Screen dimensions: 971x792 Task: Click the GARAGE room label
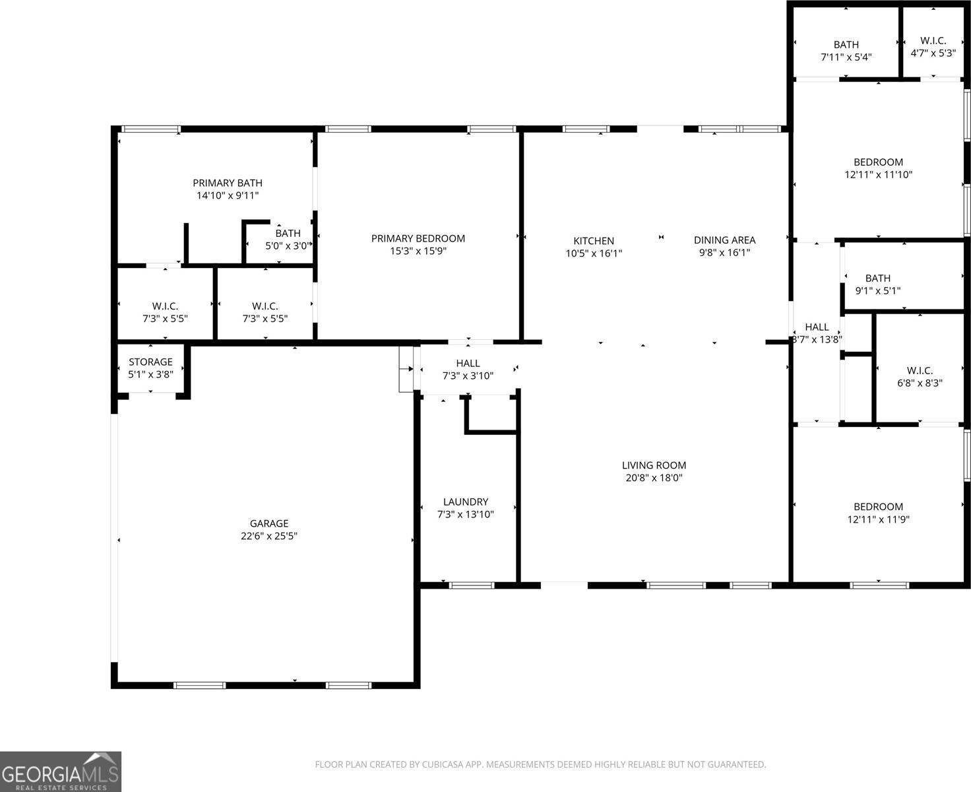click(x=269, y=523)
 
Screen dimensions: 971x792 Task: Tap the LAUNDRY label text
click(x=466, y=502)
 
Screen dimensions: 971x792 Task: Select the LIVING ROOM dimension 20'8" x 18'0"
click(x=654, y=478)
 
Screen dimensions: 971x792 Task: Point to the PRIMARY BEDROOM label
click(x=418, y=238)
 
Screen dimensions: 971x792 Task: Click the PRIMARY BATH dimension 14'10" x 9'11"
click(x=228, y=195)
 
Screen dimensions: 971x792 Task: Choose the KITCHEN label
click(x=594, y=240)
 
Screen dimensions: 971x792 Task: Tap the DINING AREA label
click(x=725, y=240)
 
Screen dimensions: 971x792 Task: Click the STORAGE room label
click(x=150, y=362)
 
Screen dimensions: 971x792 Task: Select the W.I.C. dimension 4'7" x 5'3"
click(x=933, y=53)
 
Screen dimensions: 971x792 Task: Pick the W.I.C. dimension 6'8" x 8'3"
click(x=920, y=383)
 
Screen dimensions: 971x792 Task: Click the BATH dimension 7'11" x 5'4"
click(x=846, y=57)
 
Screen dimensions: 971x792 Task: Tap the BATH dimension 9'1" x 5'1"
click(x=878, y=290)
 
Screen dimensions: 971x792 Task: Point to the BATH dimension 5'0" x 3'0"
click(x=288, y=246)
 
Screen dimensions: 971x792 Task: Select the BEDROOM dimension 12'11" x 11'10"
click(x=879, y=175)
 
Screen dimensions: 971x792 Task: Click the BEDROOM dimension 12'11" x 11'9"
click(x=879, y=519)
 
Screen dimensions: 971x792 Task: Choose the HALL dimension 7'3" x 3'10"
click(x=468, y=376)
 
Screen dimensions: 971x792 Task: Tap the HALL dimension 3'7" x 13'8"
click(x=817, y=339)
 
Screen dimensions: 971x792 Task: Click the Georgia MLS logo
click(x=60, y=772)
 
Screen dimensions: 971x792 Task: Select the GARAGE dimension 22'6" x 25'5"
click(x=269, y=536)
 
